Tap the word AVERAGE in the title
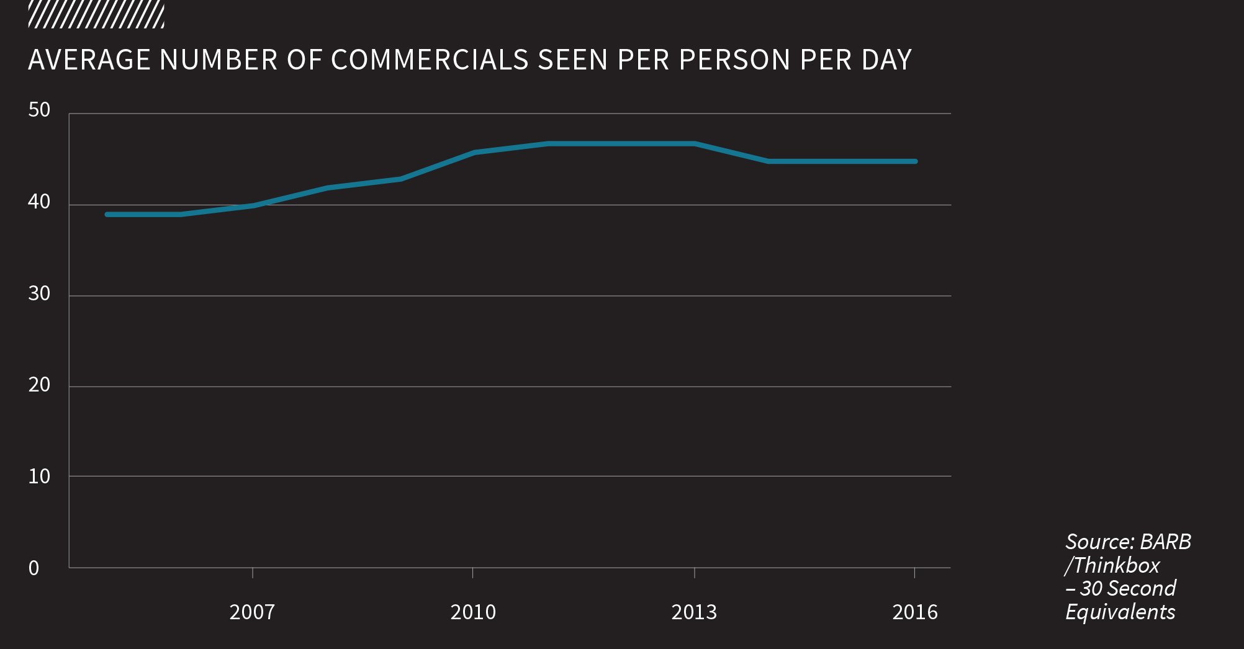click(90, 60)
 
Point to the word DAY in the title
click(886, 60)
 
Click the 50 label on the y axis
click(39, 110)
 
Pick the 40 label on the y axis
click(39, 202)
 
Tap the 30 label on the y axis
click(39, 293)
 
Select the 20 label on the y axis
click(39, 385)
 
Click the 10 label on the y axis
click(39, 477)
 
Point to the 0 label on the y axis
click(34, 568)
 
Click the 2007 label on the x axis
click(252, 612)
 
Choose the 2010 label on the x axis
click(473, 612)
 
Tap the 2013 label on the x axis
click(694, 612)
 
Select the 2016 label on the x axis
click(915, 612)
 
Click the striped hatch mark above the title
click(96, 15)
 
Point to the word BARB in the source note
click(1166, 542)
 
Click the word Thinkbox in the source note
click(1116, 565)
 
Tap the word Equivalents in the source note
click(1120, 612)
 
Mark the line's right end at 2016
click(915, 161)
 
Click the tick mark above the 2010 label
click(473, 573)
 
